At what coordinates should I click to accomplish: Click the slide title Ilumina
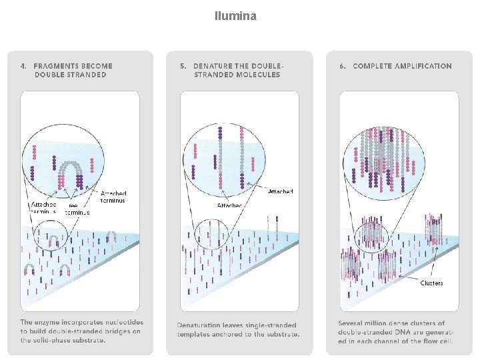(x=235, y=15)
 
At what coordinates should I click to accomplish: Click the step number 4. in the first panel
(x=24, y=66)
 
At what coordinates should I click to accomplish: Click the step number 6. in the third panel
(x=343, y=66)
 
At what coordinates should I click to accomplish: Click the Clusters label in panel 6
(x=431, y=283)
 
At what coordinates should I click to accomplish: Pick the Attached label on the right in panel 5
(x=280, y=192)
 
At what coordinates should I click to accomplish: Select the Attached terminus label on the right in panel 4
(x=113, y=197)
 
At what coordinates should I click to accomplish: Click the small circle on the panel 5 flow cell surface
(x=213, y=236)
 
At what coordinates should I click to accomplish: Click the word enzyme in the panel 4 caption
(x=47, y=323)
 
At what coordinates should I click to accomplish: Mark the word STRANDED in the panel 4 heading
(x=83, y=75)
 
